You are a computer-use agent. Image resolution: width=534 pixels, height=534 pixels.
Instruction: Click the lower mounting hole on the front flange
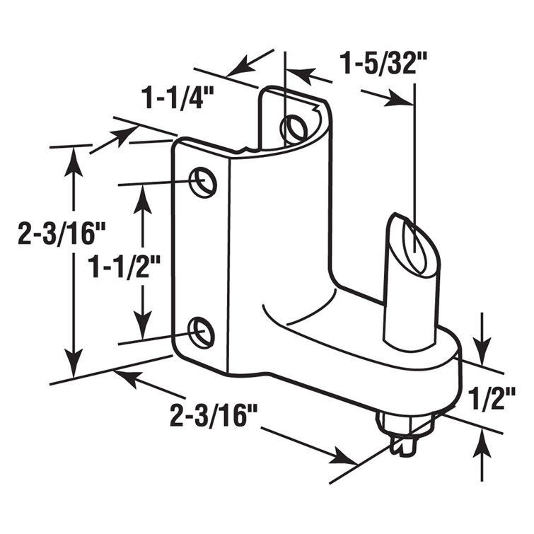click(202, 332)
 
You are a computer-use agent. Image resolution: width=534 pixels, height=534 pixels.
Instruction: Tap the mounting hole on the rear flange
click(294, 128)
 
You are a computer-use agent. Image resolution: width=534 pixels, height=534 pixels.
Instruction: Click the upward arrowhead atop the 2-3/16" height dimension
click(71, 158)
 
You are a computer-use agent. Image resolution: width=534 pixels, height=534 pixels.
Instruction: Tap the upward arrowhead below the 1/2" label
click(482, 445)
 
